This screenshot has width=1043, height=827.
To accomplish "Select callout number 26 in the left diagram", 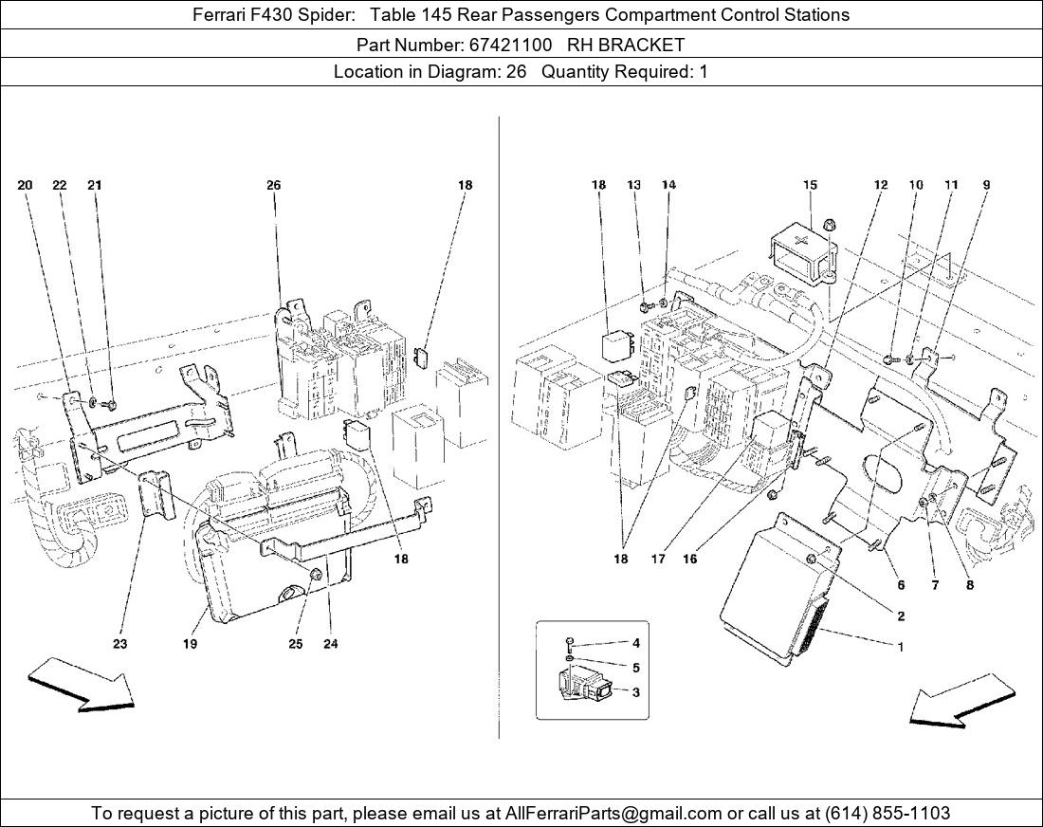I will click(x=273, y=186).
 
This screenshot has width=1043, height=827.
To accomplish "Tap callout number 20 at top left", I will click(x=25, y=186).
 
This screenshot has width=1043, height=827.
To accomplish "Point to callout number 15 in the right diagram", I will click(x=810, y=186).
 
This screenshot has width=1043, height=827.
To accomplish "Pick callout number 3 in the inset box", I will click(x=635, y=692).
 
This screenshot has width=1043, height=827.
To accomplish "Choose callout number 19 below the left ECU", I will click(x=190, y=644).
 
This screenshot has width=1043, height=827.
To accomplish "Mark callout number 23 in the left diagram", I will click(x=119, y=644).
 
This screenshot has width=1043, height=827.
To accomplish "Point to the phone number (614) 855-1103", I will click(x=887, y=813).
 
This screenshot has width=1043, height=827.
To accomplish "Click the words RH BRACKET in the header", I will click(x=632, y=45).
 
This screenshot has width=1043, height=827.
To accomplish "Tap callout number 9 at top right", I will click(x=986, y=186).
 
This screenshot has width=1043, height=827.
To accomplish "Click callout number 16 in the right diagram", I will click(x=689, y=559).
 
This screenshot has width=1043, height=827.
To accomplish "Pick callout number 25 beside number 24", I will click(x=296, y=644).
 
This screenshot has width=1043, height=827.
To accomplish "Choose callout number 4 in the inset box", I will click(x=635, y=643).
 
